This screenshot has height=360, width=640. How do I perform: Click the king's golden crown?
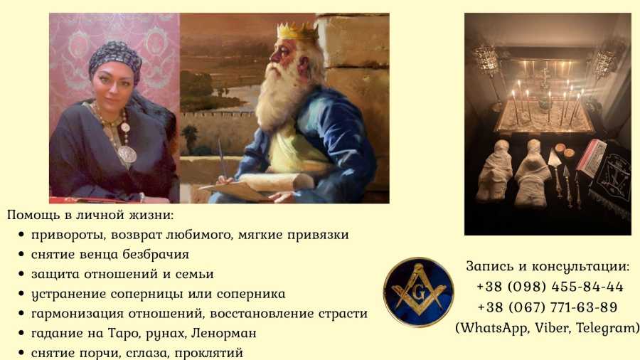(297, 31)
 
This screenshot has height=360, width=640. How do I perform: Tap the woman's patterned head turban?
(114, 60)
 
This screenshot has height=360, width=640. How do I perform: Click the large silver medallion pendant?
(127, 154)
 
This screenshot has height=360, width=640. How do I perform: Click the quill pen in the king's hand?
(222, 160)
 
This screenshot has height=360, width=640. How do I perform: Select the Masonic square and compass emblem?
(418, 292)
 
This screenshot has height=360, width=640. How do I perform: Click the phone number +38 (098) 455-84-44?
(550, 287)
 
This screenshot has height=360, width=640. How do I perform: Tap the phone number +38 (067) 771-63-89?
(548, 307)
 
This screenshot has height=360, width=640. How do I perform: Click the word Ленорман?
(224, 333)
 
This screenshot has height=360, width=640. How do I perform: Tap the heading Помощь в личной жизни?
(90, 215)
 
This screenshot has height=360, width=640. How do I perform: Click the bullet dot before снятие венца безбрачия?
(21, 254)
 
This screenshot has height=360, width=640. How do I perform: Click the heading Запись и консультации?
(548, 267)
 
